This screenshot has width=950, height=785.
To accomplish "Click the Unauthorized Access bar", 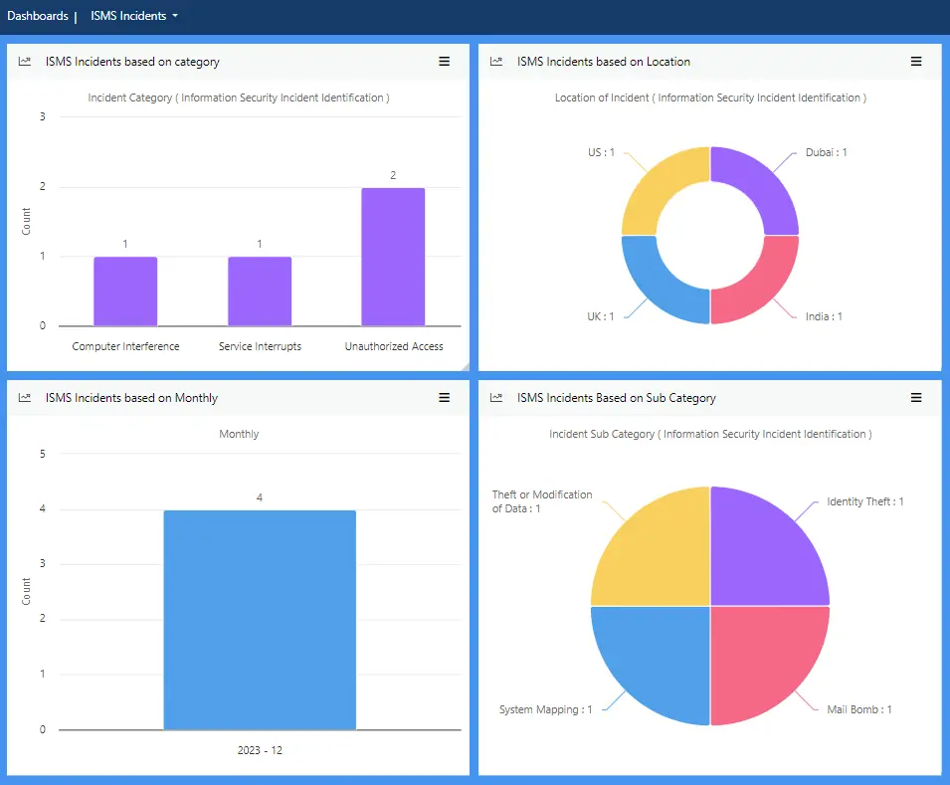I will coord(393,257).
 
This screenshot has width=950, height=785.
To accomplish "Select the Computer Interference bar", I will coord(125,291).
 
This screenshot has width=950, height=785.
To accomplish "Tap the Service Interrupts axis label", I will coord(260,346).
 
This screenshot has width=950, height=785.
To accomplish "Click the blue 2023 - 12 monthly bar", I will coord(260,620).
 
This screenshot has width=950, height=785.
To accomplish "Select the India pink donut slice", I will coord(762,284).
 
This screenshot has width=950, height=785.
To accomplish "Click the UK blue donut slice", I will coord(659,284).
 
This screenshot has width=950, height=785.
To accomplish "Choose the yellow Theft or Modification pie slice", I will coord(652,547).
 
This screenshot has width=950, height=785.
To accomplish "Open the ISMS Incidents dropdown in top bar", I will coord(134,16).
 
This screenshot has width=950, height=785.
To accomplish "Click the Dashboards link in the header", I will coord(38,16).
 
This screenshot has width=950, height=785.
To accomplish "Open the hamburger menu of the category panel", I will coord(445,62).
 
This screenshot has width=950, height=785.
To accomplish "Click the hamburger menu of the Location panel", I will coord(916,62).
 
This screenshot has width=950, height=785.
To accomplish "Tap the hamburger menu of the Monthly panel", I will coord(445,398).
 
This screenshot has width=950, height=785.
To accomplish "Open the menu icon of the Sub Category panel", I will coord(916,398).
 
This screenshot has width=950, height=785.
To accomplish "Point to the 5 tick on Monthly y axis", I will coord(42,454).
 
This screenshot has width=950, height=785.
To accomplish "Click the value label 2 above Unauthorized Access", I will coord(393,175).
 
